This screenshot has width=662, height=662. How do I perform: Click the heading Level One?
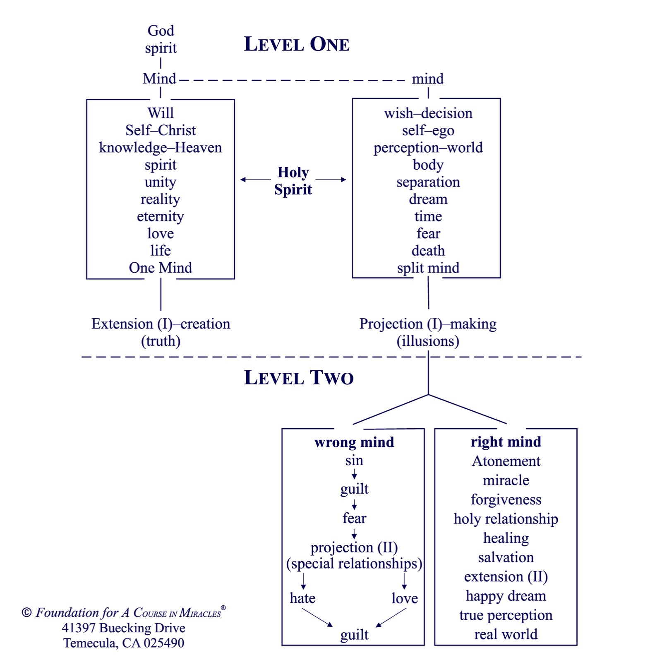click(297, 44)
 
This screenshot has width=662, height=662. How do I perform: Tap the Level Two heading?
click(299, 377)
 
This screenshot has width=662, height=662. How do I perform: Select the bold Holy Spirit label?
click(293, 180)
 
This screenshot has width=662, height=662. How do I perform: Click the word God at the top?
click(161, 30)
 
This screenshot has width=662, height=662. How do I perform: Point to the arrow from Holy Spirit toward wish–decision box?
click(331, 180)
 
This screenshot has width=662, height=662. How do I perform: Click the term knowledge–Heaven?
click(161, 148)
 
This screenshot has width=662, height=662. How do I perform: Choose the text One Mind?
click(161, 268)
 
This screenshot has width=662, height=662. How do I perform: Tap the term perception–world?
click(428, 148)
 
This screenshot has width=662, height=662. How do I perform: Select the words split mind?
click(428, 268)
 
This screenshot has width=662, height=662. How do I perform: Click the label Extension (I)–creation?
click(161, 324)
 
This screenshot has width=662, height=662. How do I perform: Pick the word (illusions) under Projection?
click(428, 341)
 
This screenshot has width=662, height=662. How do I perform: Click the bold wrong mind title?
click(354, 442)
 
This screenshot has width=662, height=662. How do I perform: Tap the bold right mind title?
click(506, 442)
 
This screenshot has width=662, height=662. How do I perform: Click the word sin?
click(354, 460)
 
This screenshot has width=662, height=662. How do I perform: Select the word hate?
click(302, 598)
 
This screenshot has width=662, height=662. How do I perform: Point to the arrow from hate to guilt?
click(317, 618)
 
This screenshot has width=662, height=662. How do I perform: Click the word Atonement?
click(506, 461)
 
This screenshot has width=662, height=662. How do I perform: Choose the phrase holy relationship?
click(506, 519)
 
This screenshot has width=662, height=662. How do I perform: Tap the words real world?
click(506, 634)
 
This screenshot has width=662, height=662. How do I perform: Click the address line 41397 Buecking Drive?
click(124, 628)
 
